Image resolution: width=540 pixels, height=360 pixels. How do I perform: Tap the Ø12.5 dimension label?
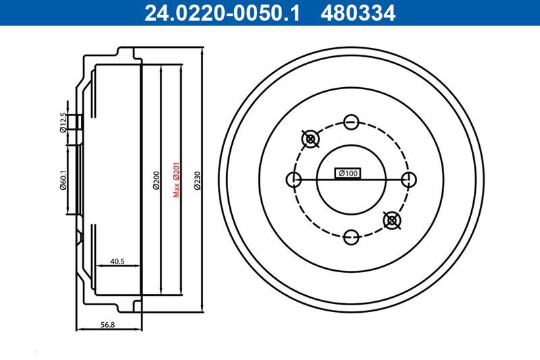63,123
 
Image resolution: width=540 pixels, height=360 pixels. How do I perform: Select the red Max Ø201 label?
175,180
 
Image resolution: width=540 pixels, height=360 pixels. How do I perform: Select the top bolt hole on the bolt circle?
350,122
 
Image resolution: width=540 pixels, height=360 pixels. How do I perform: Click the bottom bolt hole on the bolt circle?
350,237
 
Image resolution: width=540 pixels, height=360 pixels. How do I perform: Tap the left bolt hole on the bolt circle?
294,180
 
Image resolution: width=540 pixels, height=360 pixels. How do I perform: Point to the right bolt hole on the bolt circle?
408,180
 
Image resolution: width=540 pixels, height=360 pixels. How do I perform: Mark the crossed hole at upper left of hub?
310,139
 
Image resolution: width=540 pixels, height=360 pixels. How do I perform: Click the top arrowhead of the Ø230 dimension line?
203,50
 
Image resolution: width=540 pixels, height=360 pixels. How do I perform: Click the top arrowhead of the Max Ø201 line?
182,66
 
